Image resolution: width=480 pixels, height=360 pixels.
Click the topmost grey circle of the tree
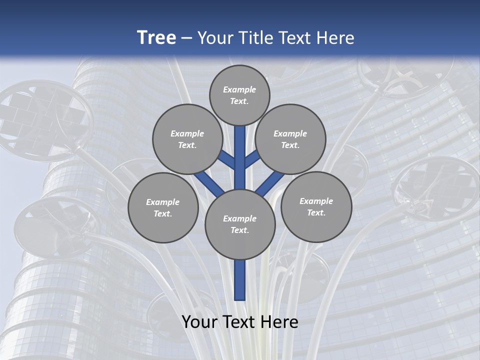click(239, 95)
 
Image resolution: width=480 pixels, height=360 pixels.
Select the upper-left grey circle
click(187, 139)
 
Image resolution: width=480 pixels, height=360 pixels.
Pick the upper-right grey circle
click(290, 139)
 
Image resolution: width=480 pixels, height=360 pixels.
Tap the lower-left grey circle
click(163, 208)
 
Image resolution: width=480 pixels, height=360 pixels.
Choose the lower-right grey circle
click(316, 207)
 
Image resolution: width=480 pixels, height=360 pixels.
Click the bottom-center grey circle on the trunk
click(240, 224)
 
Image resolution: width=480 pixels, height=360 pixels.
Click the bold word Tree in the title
click(156, 38)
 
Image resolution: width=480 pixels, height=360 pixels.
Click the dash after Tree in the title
click(186, 38)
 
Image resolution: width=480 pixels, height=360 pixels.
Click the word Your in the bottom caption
click(199, 322)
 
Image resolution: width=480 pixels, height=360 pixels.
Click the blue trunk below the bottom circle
click(240, 280)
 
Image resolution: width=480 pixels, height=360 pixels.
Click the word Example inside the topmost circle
click(239, 90)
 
